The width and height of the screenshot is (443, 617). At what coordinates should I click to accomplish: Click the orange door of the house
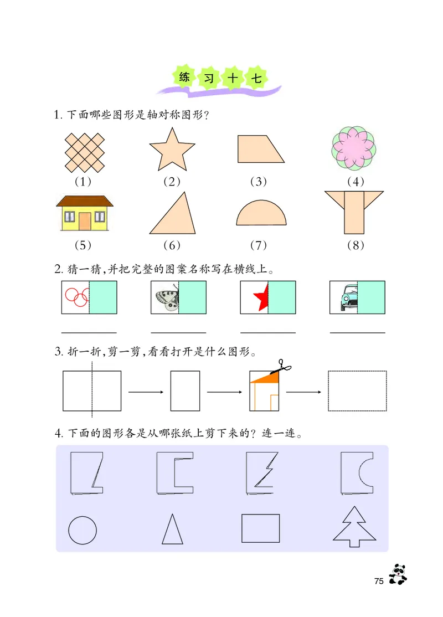click(x=84, y=221)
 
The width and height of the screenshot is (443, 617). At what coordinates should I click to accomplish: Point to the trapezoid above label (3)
click(x=258, y=149)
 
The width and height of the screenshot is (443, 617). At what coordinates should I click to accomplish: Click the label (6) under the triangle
click(x=172, y=245)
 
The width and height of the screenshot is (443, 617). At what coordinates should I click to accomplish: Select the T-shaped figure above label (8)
click(x=354, y=212)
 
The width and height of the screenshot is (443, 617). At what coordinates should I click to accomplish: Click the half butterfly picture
click(x=166, y=297)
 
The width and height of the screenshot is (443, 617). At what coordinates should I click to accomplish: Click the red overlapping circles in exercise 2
click(x=76, y=297)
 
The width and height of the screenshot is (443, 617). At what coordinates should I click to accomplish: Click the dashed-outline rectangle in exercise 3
click(x=357, y=390)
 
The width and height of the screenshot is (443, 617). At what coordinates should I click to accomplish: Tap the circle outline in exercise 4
click(x=83, y=530)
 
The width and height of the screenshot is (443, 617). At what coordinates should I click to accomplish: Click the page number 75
click(x=379, y=581)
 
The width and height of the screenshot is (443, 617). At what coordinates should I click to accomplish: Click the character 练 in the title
click(x=184, y=76)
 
